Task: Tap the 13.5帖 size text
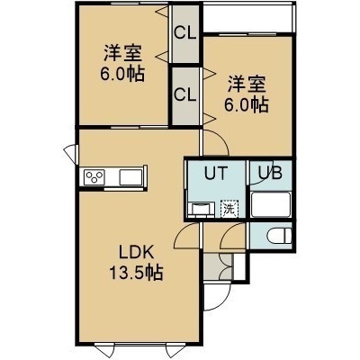[x=137, y=273]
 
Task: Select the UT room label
[x=216, y=173]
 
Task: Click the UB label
[x=271, y=173]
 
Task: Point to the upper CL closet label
[x=185, y=32]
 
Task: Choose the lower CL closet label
[x=185, y=94]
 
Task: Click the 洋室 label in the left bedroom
[x=122, y=54]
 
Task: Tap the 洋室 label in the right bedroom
[x=247, y=85]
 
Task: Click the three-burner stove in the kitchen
[x=94, y=177]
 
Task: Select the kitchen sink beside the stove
[x=130, y=177]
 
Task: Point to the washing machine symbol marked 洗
[x=229, y=208]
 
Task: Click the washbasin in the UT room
[x=202, y=209]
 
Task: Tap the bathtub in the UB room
[x=271, y=204]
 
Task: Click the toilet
[x=279, y=236]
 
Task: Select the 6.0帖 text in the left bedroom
[x=122, y=74]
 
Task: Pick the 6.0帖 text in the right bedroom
[x=247, y=104]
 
